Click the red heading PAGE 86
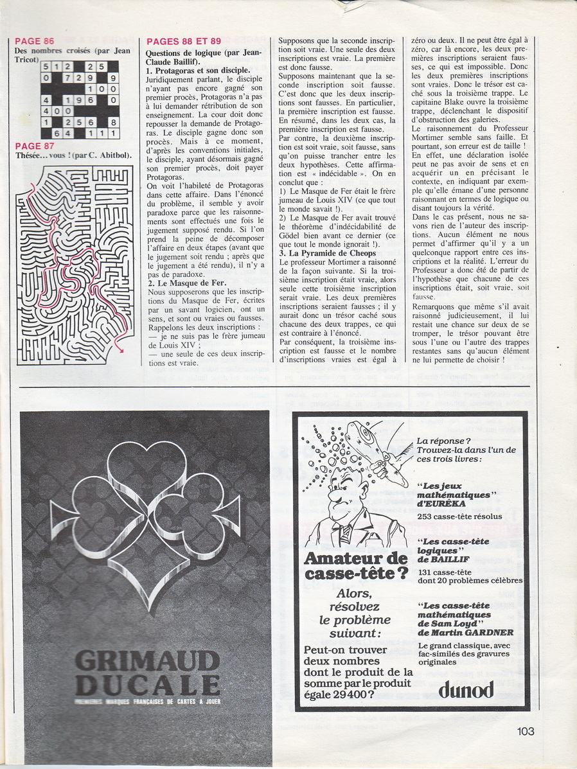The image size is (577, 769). pos(35,40)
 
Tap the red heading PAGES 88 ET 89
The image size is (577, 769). pos(184,42)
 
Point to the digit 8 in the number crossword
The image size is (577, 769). pos(113,122)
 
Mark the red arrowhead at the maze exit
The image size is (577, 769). pos(120,349)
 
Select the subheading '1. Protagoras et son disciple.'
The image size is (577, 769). pos(197,69)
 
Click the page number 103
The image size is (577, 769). pos(524,731)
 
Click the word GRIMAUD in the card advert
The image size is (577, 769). pos(147,661)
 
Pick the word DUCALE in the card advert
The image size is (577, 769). pos(147,684)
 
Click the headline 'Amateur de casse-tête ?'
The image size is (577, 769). pos(355,565)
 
